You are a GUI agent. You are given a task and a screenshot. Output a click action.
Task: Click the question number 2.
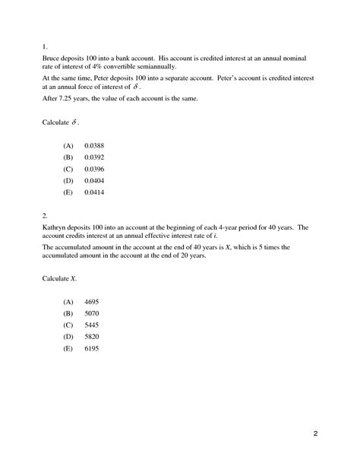click(x=44, y=215)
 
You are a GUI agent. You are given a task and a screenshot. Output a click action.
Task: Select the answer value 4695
click(x=92, y=302)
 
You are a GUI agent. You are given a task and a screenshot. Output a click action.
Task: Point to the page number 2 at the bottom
click(x=315, y=435)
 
